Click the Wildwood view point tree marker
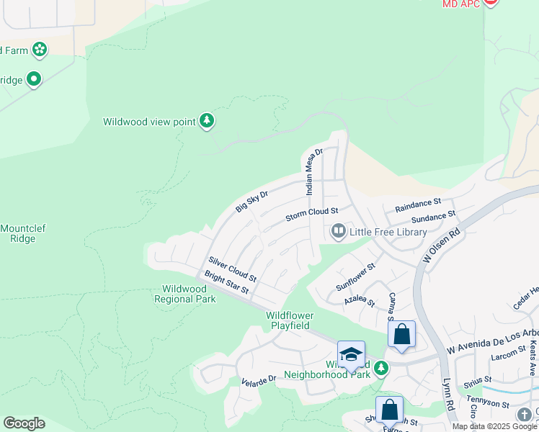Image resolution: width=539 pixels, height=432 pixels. pos(207,121)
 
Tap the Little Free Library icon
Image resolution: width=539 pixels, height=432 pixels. pos(338,231)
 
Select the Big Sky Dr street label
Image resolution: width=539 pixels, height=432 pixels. pos(251,202)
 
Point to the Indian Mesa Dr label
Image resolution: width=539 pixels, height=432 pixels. pos(313,172)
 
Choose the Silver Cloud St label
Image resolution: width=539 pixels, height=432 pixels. pos(232,269)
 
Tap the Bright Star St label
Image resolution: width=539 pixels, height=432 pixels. pos(226,282)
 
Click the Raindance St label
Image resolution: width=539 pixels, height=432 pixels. pos(417,206)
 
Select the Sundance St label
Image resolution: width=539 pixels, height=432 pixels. pos(433,217)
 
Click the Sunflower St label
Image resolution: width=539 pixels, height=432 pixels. pos(356,277)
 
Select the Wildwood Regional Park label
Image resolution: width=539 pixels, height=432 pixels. pos(185,294)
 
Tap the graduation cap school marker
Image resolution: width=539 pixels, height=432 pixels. pos(351,355)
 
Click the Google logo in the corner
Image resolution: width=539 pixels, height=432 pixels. pos(24,423)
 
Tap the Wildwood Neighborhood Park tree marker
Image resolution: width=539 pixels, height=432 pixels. pos(381,369)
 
